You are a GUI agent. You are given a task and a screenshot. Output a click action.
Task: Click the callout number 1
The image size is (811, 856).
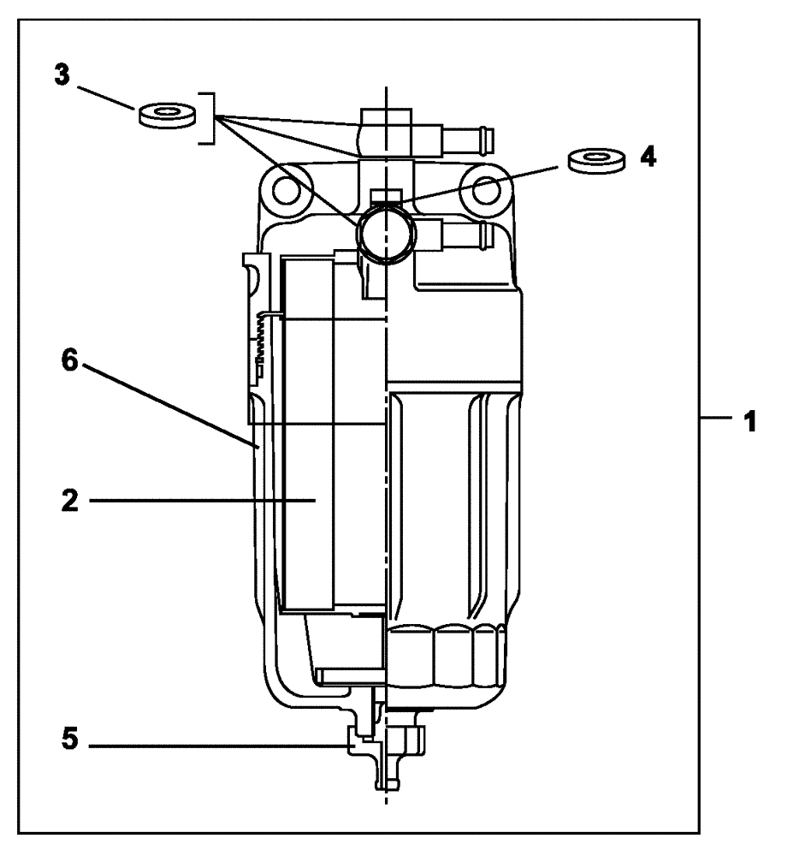[x=749, y=422]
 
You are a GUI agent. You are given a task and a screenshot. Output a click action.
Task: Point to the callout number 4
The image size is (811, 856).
[x=649, y=158]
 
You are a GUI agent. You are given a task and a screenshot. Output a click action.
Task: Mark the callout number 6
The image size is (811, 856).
[x=71, y=362]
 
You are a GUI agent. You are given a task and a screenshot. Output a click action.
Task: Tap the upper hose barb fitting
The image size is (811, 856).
[x=466, y=134]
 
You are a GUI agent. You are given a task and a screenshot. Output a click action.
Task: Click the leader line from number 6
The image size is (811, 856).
[x=171, y=405]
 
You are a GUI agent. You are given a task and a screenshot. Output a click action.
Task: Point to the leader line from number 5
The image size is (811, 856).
[x=222, y=746]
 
